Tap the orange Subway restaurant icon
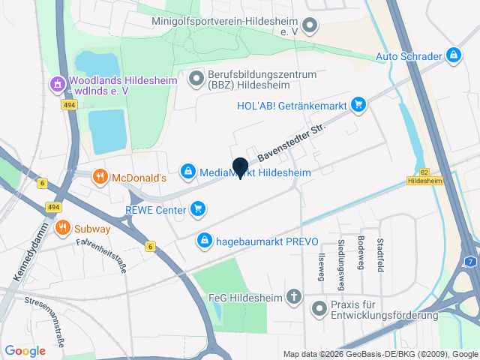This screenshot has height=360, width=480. pyautogui.click(x=62, y=228)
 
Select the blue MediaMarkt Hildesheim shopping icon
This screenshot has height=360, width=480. pyautogui.click(x=188, y=172)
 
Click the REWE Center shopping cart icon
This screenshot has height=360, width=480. pyautogui.click(x=197, y=208)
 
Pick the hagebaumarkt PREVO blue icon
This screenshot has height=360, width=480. pyautogui.click(x=203, y=241)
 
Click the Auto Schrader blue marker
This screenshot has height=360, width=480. pyautogui.click(x=453, y=55)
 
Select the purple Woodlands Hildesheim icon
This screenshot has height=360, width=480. pyautogui.click(x=57, y=85)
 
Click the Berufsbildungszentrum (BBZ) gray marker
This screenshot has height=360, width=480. pyautogui.click(x=196, y=77)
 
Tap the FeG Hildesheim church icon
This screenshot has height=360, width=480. pyautogui.click(x=294, y=296)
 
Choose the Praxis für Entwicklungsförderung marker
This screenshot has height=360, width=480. pyautogui.click(x=319, y=307)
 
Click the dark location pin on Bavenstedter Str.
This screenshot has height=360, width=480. pyautogui.click(x=240, y=168)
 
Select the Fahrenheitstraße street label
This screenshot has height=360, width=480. pyautogui.click(x=102, y=253)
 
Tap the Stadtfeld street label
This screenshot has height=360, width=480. pyautogui.click(x=380, y=256)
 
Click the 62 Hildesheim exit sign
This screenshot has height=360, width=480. pyautogui.click(x=424, y=177)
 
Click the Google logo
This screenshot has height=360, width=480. pyautogui.click(x=25, y=350)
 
